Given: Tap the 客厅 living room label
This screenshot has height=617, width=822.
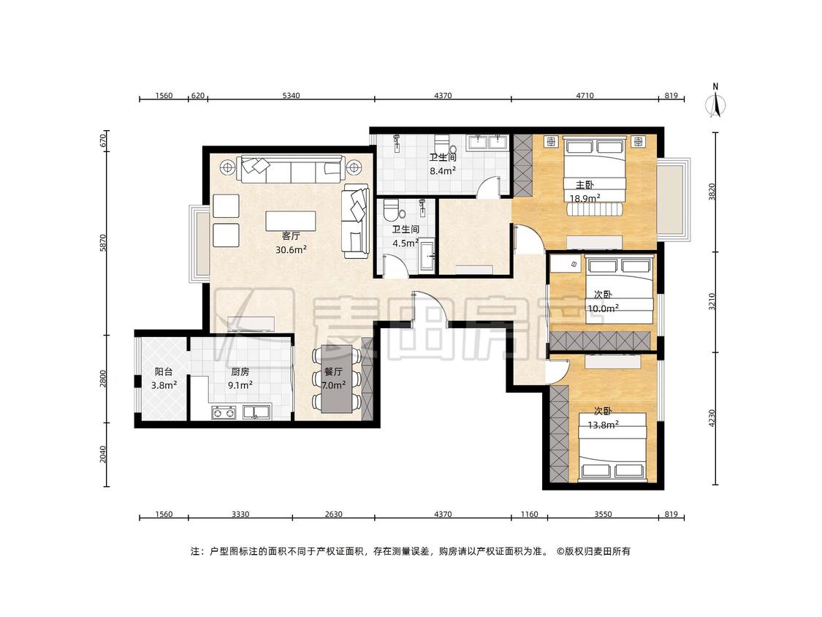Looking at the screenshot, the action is click(x=290, y=236).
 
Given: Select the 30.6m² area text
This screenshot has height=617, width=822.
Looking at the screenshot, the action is click(x=291, y=250).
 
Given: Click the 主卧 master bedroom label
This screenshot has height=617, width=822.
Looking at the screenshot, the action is click(x=585, y=185).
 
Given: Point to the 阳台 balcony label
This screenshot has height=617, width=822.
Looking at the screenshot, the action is click(x=164, y=372).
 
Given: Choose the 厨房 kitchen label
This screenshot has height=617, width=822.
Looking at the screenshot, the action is click(x=240, y=372).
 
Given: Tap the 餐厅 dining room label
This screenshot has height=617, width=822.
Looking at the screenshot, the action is click(x=333, y=372).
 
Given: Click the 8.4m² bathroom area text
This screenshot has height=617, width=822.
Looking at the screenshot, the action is click(x=443, y=170).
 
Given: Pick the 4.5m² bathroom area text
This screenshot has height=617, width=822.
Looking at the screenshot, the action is click(x=406, y=243).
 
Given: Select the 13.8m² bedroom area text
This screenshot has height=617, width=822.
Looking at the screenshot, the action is click(x=603, y=425).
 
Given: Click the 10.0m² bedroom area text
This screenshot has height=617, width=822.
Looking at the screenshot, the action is click(x=603, y=308).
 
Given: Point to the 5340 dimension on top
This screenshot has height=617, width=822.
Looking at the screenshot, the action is click(x=291, y=96).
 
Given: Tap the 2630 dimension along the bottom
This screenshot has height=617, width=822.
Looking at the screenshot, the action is click(x=333, y=514).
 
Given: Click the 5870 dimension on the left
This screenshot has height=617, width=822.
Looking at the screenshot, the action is click(x=103, y=243).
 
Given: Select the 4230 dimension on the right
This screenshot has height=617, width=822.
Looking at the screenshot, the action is click(x=712, y=418).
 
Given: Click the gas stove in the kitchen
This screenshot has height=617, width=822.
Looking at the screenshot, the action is click(x=224, y=412).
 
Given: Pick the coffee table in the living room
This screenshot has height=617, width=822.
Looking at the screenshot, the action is click(x=290, y=220).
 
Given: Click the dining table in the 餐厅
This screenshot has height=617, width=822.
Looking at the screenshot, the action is click(x=337, y=378).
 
